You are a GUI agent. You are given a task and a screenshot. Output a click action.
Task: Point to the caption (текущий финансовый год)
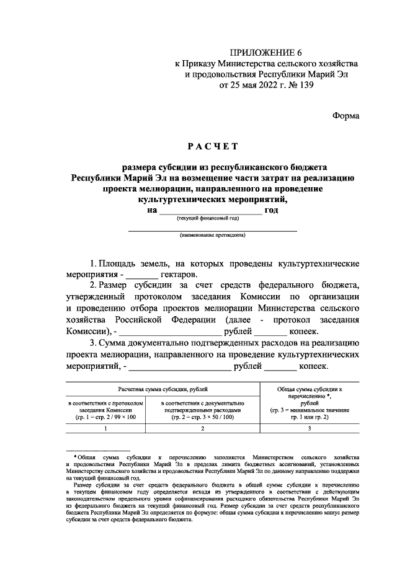click(x=207, y=219)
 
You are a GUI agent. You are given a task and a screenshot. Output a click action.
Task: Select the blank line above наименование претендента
click(x=212, y=229)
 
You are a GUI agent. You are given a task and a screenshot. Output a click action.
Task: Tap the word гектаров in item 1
click(x=179, y=273)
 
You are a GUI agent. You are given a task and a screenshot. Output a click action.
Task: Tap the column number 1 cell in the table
click(x=106, y=429)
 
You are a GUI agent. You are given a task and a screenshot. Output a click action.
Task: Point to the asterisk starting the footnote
click(x=74, y=457)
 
